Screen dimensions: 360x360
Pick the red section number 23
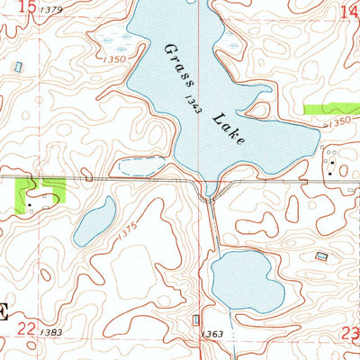350,334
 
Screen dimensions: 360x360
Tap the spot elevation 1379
52,10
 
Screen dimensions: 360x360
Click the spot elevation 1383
51,333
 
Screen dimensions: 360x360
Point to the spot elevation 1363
213,334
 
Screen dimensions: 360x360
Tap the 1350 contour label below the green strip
337,120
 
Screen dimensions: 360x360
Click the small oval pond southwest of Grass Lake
94,222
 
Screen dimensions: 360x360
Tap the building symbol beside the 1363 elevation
196,321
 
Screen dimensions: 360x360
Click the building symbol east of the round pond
321,256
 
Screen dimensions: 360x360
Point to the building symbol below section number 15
20,67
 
